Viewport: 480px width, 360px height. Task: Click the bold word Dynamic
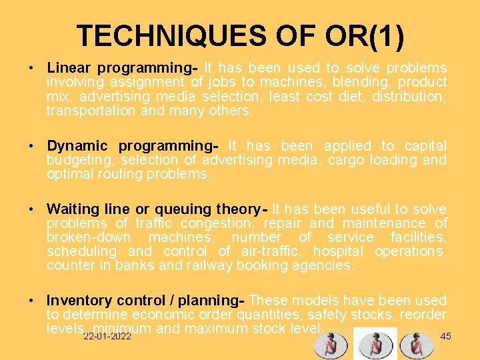[77, 145]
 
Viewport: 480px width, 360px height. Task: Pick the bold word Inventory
[77, 301]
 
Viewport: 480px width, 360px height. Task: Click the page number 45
[446, 336]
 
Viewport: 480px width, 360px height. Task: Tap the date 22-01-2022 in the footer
[107, 337]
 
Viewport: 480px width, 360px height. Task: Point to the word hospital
[338, 251]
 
